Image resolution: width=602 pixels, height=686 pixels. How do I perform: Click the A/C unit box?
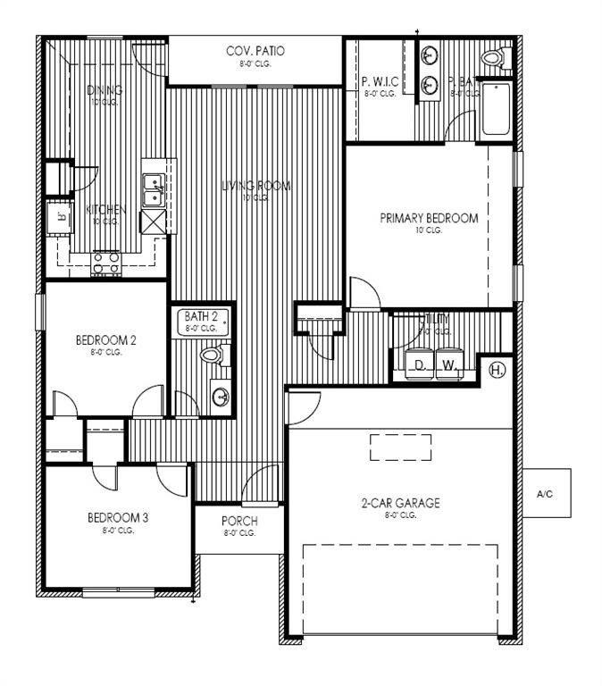[547, 492]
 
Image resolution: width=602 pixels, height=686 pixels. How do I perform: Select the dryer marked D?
[418, 364]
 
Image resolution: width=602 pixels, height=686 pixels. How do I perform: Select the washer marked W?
[449, 364]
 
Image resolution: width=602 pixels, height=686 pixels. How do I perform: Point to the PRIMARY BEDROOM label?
[429, 218]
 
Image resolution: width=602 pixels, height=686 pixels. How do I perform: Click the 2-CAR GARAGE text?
[400, 504]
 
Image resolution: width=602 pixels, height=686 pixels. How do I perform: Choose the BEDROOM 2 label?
[105, 339]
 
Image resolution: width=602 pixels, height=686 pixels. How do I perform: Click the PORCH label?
[239, 522]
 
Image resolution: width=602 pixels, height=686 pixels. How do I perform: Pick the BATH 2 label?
[201, 316]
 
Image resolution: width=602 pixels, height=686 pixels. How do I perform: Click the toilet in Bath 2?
[213, 356]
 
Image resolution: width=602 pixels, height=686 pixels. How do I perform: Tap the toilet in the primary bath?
[493, 59]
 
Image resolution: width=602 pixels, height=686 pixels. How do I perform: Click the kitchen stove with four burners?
[106, 263]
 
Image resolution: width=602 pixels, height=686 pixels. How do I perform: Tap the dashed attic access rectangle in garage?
[400, 447]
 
